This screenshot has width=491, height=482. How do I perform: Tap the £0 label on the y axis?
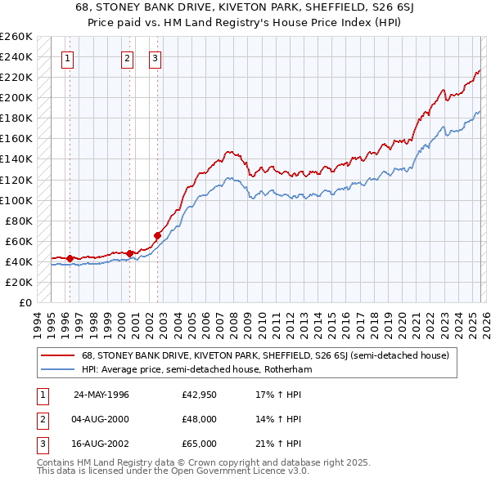point(24,302)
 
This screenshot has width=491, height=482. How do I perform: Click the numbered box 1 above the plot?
point(66,58)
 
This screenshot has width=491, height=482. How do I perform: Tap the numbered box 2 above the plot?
point(128,58)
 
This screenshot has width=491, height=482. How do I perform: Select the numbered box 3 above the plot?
point(155,58)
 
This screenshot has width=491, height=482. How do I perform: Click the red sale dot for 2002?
point(157,236)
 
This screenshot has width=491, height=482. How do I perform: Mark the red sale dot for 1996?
point(70,259)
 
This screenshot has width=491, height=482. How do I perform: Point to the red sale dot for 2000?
point(130,253)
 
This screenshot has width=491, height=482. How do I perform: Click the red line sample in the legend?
point(58,355)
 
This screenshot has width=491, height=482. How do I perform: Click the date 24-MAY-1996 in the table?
point(101,395)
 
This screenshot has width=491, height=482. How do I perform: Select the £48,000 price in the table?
point(200,419)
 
